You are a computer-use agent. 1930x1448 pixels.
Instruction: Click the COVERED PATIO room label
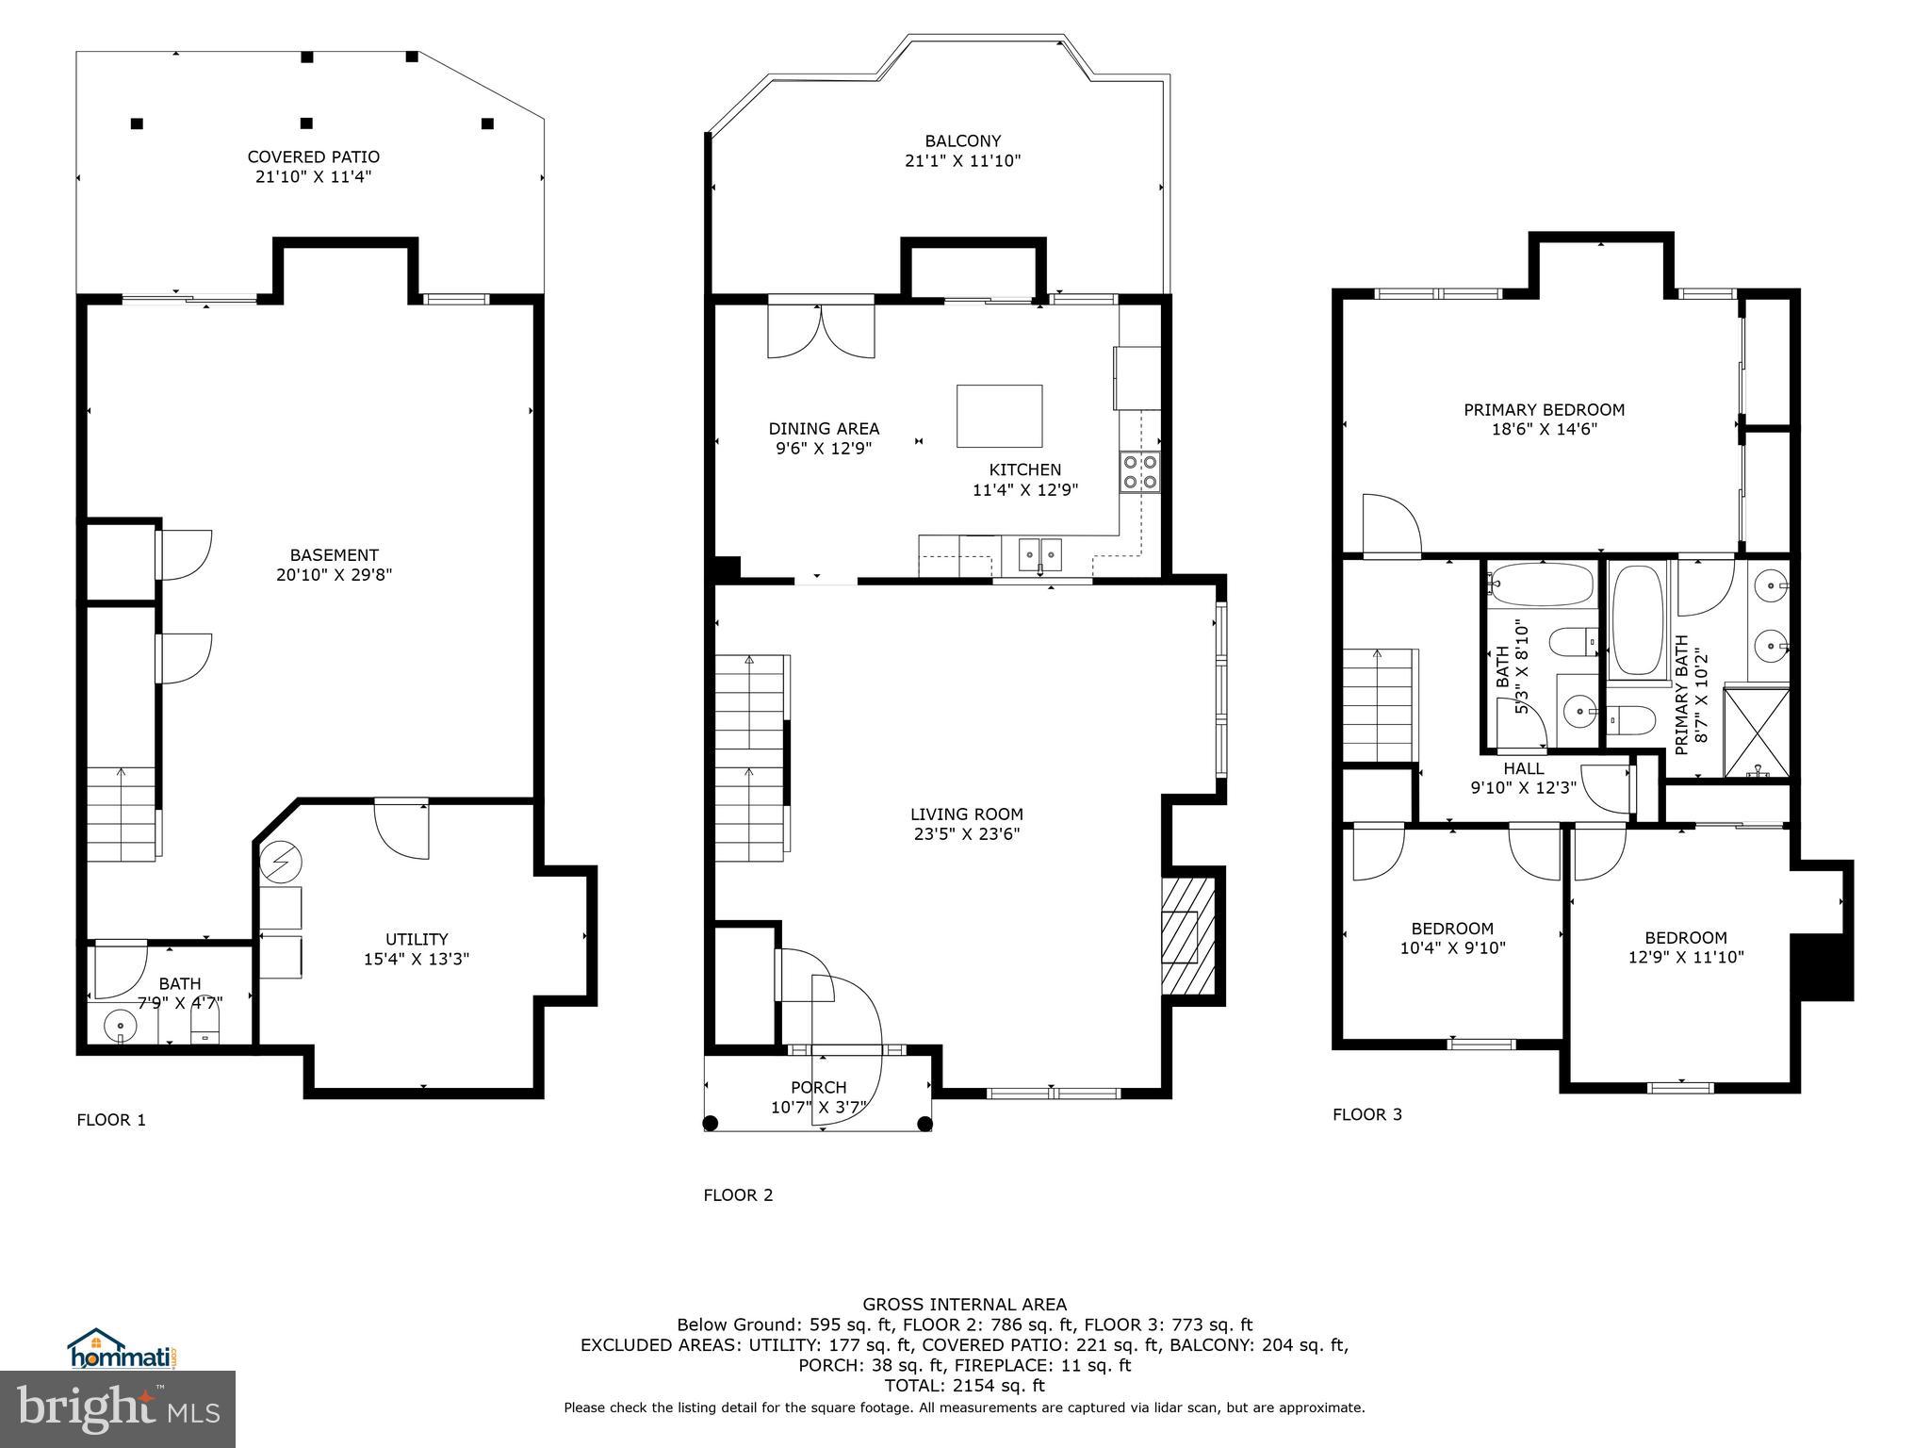pyautogui.click(x=313, y=156)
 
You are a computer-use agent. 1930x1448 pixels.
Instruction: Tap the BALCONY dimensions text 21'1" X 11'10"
pyautogui.click(x=962, y=161)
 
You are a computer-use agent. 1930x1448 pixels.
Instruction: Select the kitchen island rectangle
pyautogui.click(x=999, y=416)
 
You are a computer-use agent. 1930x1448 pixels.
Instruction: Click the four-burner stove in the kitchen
pyautogui.click(x=1139, y=472)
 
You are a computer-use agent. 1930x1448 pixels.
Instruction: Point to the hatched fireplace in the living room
pyautogui.click(x=1186, y=935)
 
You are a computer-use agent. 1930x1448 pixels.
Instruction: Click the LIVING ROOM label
pyautogui.click(x=966, y=814)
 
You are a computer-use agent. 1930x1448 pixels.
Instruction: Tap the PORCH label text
pyautogui.click(x=818, y=1087)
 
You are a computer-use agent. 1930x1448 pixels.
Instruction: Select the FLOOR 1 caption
pyautogui.click(x=111, y=1120)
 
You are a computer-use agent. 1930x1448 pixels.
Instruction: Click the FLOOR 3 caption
pyautogui.click(x=1366, y=1114)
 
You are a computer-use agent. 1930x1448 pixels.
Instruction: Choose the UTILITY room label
pyautogui.click(x=417, y=939)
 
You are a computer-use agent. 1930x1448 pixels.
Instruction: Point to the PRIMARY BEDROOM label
pyautogui.click(x=1544, y=409)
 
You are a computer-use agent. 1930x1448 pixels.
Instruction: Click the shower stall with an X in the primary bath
pyautogui.click(x=1756, y=732)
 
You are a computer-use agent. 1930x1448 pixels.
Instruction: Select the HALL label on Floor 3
pyautogui.click(x=1523, y=768)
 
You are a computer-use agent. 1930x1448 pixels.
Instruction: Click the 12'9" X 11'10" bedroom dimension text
pyautogui.click(x=1686, y=957)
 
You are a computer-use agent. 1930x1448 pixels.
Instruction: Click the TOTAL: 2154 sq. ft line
pyautogui.click(x=964, y=1386)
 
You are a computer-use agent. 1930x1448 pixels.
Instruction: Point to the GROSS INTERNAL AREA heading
pyautogui.click(x=964, y=1305)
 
